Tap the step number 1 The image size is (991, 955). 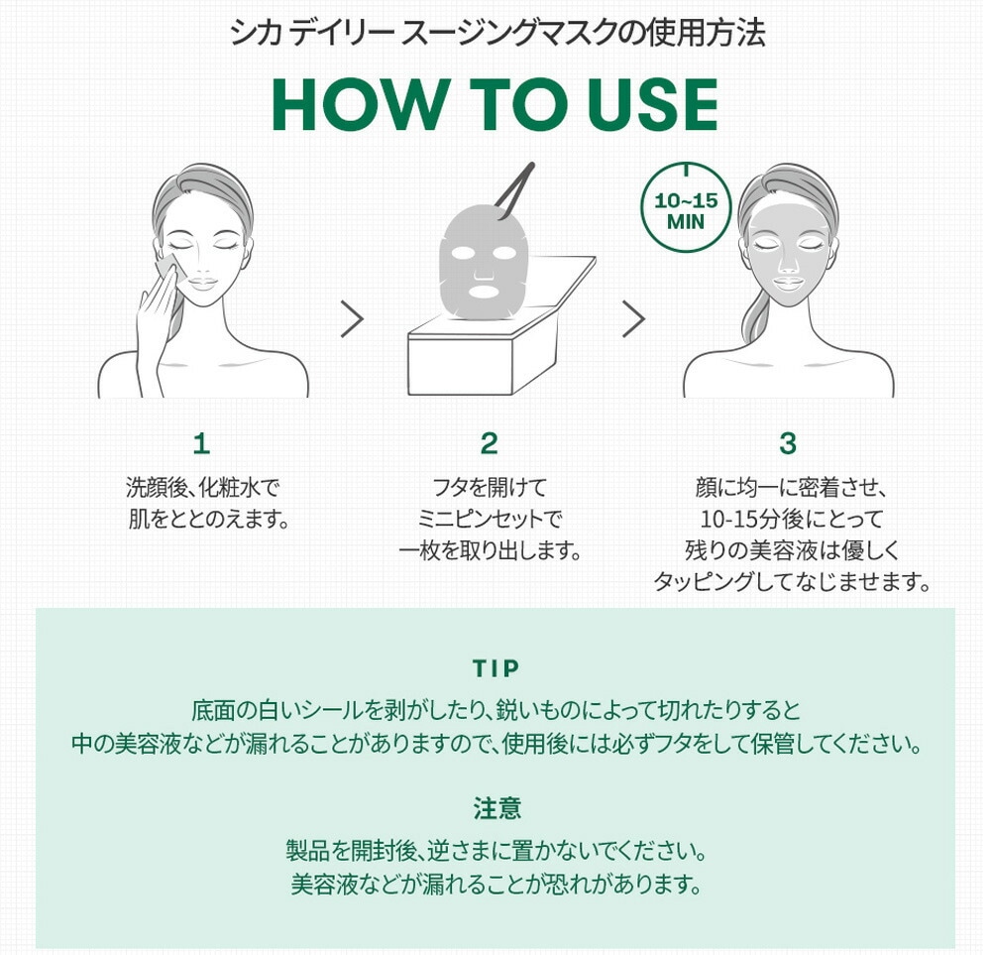click(x=201, y=443)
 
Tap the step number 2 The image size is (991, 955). click(x=489, y=443)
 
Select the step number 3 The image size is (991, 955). click(x=788, y=443)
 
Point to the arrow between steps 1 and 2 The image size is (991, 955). click(x=352, y=318)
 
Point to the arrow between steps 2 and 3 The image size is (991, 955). click(x=633, y=318)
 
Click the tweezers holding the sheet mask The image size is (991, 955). click(x=513, y=191)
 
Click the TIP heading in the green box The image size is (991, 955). click(x=496, y=668)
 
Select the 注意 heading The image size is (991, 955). click(x=496, y=809)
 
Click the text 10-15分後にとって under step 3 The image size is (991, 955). click(x=791, y=519)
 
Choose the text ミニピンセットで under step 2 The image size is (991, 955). click(x=490, y=519)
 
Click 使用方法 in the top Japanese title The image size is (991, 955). click(x=706, y=32)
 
